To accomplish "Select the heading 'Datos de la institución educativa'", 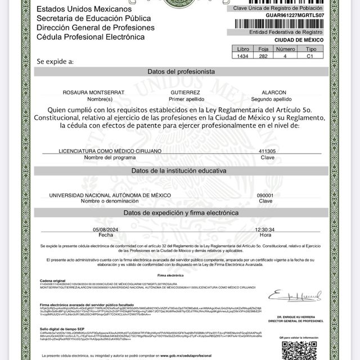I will point(178,170).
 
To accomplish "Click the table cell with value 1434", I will point(244,56).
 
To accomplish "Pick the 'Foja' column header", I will point(264,49).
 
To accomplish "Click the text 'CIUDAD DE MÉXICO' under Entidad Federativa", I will point(299,40).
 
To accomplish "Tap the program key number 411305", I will point(267,151).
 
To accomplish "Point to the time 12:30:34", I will point(264,229).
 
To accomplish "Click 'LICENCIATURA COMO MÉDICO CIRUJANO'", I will point(110,151).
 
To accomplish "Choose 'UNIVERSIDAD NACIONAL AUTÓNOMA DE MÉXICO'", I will point(110,195).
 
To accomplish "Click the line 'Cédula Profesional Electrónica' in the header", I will point(91,37).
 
